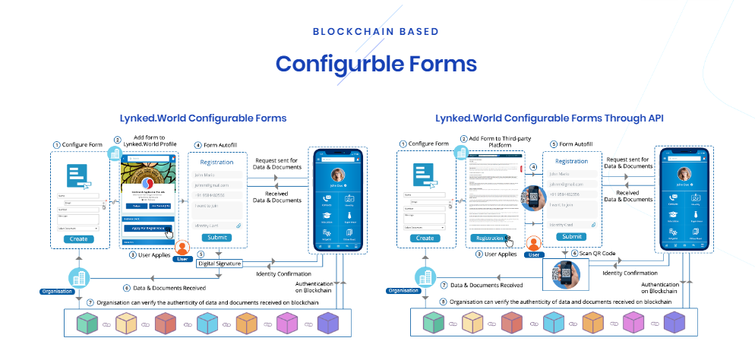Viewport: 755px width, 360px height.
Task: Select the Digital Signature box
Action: click(220, 263)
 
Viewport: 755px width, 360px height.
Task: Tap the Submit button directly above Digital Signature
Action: click(216, 237)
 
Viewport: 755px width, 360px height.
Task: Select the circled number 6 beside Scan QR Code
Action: click(575, 254)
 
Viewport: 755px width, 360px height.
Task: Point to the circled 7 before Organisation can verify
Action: click(90, 302)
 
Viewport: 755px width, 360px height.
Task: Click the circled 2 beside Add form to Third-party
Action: click(463, 138)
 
